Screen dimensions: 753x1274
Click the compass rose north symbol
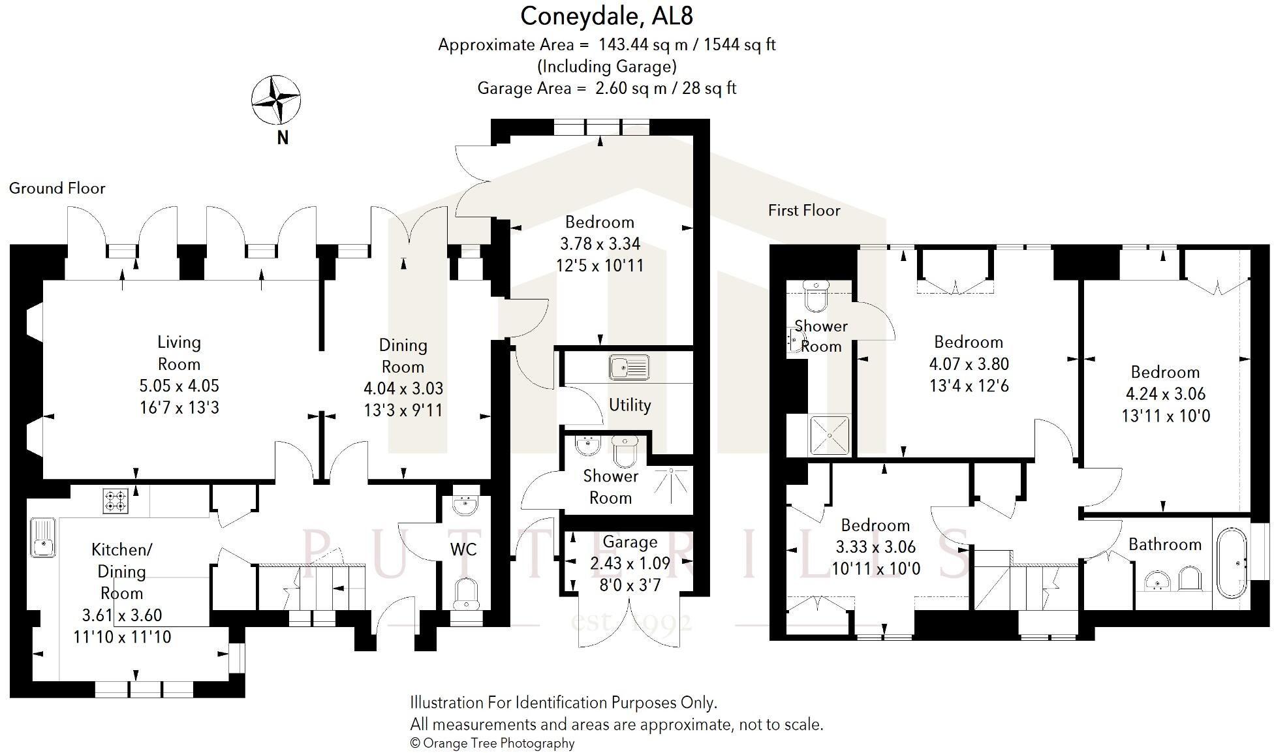point(276,100)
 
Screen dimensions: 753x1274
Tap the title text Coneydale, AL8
point(606,16)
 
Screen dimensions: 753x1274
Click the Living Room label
point(179,353)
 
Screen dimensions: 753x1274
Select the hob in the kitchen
point(115,501)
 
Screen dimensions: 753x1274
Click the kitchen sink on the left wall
point(42,537)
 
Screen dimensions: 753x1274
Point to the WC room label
point(463,549)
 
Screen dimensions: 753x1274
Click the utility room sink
point(629,367)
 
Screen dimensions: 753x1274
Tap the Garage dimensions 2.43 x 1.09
point(630,563)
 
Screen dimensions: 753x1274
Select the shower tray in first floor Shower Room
point(830,435)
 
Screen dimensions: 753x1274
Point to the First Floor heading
point(803,210)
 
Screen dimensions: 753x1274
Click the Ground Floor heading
point(57,189)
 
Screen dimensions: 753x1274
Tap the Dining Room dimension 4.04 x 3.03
point(403,388)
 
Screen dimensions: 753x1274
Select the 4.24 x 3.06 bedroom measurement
point(1165,394)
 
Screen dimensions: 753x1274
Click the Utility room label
point(629,405)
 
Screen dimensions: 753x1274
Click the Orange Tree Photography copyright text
point(492,743)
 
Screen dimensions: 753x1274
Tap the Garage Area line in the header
point(606,88)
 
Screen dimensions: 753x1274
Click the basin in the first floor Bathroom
point(1157,579)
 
